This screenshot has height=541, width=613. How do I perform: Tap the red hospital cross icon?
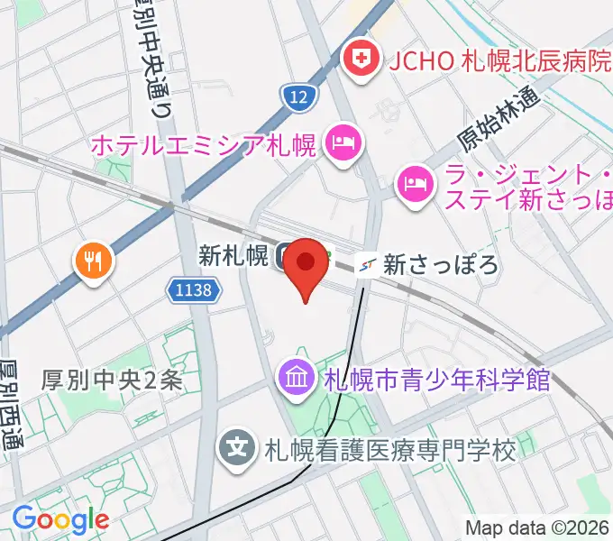pos(362,61)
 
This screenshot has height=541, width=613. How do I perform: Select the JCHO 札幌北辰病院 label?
pos(499,61)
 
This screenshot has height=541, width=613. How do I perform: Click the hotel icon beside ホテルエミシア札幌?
pos(343,142)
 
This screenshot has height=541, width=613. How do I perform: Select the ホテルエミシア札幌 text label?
pos(204,144)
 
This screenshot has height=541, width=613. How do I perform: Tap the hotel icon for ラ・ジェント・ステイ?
pos(415,183)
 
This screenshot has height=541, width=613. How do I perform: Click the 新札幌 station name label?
pos(233,257)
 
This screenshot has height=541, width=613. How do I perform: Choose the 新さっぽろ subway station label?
pos(441,264)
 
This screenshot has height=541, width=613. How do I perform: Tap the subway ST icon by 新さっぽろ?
pos(367,264)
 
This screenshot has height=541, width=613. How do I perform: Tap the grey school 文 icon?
pos(237,446)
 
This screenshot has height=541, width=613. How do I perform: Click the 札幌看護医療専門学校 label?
pos(389,448)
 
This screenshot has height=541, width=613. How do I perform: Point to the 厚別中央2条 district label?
pos(112,381)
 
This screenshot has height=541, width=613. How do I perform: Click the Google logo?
pos(60,519)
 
